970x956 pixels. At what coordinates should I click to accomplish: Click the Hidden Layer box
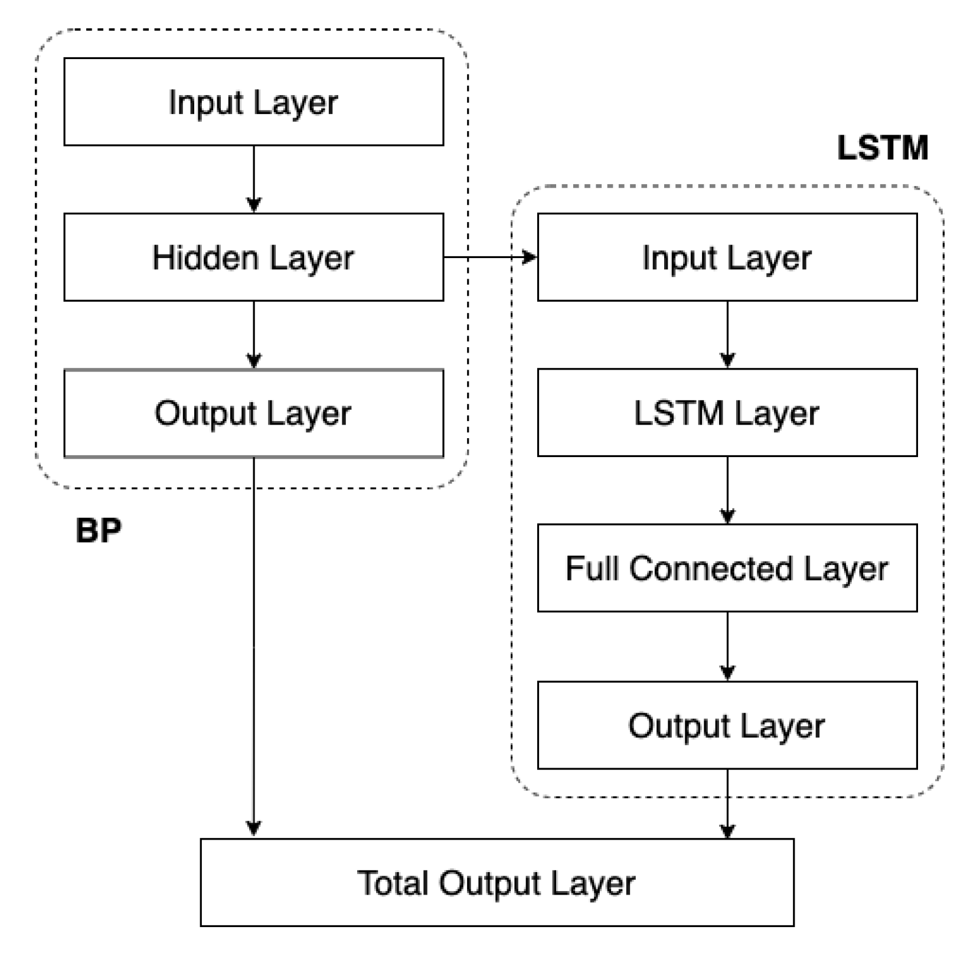(253, 257)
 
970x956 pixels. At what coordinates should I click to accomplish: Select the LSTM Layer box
(727, 413)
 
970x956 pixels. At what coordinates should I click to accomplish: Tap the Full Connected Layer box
(727, 568)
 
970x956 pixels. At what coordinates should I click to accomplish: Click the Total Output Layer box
(497, 883)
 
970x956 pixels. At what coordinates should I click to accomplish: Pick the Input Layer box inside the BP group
(253, 102)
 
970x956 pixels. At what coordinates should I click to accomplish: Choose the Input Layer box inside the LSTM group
(727, 257)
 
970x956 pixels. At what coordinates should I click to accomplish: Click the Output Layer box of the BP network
(253, 413)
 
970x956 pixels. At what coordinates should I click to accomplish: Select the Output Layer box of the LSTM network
(727, 725)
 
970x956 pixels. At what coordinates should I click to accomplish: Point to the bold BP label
(99, 530)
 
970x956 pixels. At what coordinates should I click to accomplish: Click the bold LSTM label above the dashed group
(883, 148)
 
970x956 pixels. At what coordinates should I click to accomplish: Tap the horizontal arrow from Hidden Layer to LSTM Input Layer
(490, 257)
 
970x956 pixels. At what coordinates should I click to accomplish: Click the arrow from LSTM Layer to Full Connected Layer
(727, 490)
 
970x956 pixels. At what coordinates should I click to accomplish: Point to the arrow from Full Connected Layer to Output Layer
(727, 646)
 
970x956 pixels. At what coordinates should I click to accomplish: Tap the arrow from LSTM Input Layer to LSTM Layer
(727, 334)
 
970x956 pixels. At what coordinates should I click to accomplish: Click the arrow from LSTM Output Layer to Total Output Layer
(727, 803)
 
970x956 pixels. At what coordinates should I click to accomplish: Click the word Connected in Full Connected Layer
(711, 568)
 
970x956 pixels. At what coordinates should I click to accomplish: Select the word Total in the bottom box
(393, 883)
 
